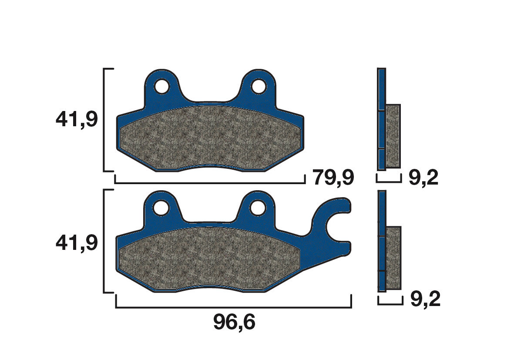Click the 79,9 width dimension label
point(334,178)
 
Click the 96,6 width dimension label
point(234,323)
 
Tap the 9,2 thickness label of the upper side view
point(423,178)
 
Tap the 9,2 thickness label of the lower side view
point(425,299)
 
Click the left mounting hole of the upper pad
point(162,86)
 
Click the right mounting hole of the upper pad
point(259,86)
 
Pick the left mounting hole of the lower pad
point(162,207)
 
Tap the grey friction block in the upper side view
point(393,136)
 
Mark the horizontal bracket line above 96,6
point(233,307)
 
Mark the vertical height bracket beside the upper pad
point(104,120)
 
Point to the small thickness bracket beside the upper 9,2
point(388,180)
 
